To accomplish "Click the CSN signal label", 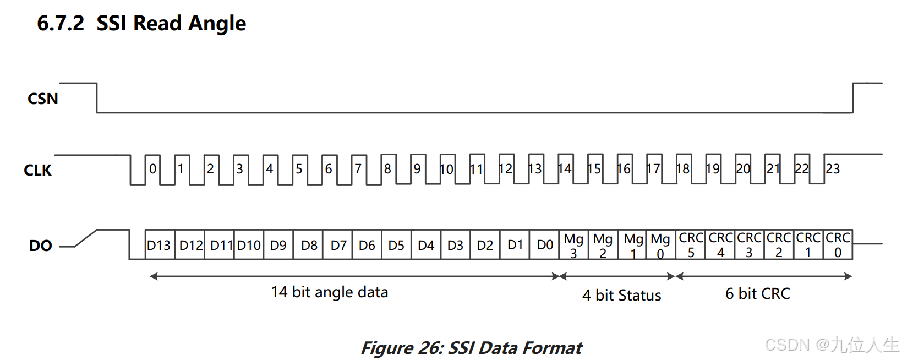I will pyautogui.click(x=42, y=99).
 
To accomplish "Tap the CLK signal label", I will pyautogui.click(x=37, y=170).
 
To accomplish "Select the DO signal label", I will pyautogui.click(x=40, y=246).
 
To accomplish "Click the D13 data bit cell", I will pyautogui.click(x=159, y=245).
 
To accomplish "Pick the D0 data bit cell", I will pyautogui.click(x=545, y=245).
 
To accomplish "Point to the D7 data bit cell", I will pyautogui.click(x=338, y=245).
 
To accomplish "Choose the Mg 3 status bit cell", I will pyautogui.click(x=573, y=245).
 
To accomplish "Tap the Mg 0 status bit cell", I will pyautogui.click(x=660, y=245).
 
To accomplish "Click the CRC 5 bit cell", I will pyautogui.click(x=691, y=245).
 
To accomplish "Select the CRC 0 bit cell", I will pyautogui.click(x=838, y=245).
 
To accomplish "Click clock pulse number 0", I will pyautogui.click(x=153, y=169).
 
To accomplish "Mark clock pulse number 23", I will pyautogui.click(x=833, y=169).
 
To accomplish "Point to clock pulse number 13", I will pyautogui.click(x=535, y=169).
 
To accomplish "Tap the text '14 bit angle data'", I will pyautogui.click(x=330, y=292).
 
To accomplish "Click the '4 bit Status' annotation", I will pyautogui.click(x=622, y=295).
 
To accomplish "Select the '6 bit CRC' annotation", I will pyautogui.click(x=758, y=293).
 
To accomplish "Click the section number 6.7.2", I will pyautogui.click(x=61, y=23).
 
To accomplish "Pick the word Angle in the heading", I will pyautogui.click(x=217, y=23).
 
